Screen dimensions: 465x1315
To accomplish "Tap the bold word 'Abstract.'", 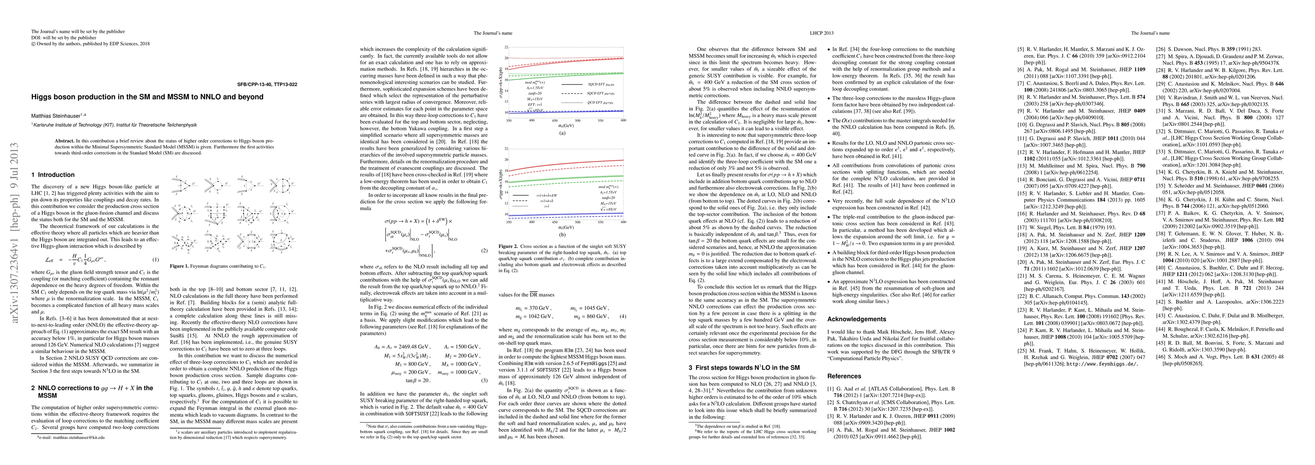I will click(64, 140).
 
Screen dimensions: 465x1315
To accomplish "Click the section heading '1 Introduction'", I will click(53, 174).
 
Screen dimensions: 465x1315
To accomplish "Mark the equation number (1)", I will click(156, 260).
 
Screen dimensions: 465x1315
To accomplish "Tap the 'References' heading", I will click(844, 376).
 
